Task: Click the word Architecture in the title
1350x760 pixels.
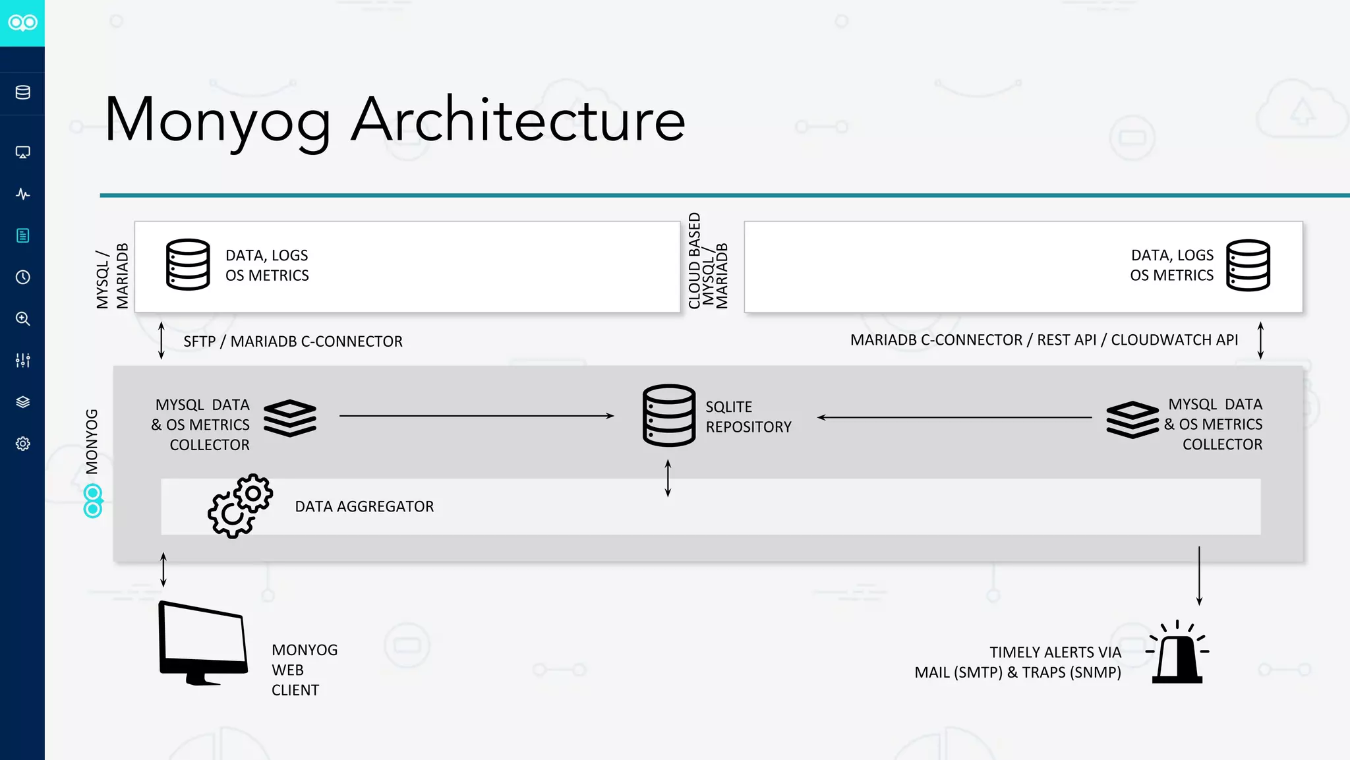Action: click(x=518, y=120)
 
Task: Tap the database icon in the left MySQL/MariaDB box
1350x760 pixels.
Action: click(x=188, y=264)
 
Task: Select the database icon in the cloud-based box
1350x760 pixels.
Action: click(x=1248, y=265)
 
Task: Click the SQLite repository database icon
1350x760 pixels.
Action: click(x=668, y=415)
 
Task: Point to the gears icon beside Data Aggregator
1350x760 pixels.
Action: click(x=240, y=506)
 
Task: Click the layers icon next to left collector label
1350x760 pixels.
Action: click(x=290, y=418)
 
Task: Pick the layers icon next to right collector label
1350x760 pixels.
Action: click(x=1132, y=419)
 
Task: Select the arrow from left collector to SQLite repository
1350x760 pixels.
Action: click(x=476, y=416)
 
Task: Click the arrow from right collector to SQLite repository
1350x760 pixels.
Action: click(x=954, y=417)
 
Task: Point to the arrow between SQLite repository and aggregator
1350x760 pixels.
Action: click(x=668, y=478)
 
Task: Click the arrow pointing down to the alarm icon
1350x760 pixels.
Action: click(x=1199, y=575)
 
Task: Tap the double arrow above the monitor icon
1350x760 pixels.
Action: click(x=163, y=570)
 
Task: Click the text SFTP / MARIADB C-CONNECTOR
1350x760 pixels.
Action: click(x=293, y=341)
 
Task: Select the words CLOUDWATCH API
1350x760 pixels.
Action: click(x=1174, y=340)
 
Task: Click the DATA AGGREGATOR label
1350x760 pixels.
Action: click(x=364, y=506)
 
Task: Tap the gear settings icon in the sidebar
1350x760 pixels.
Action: click(x=23, y=444)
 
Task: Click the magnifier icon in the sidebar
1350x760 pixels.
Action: click(x=23, y=319)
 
